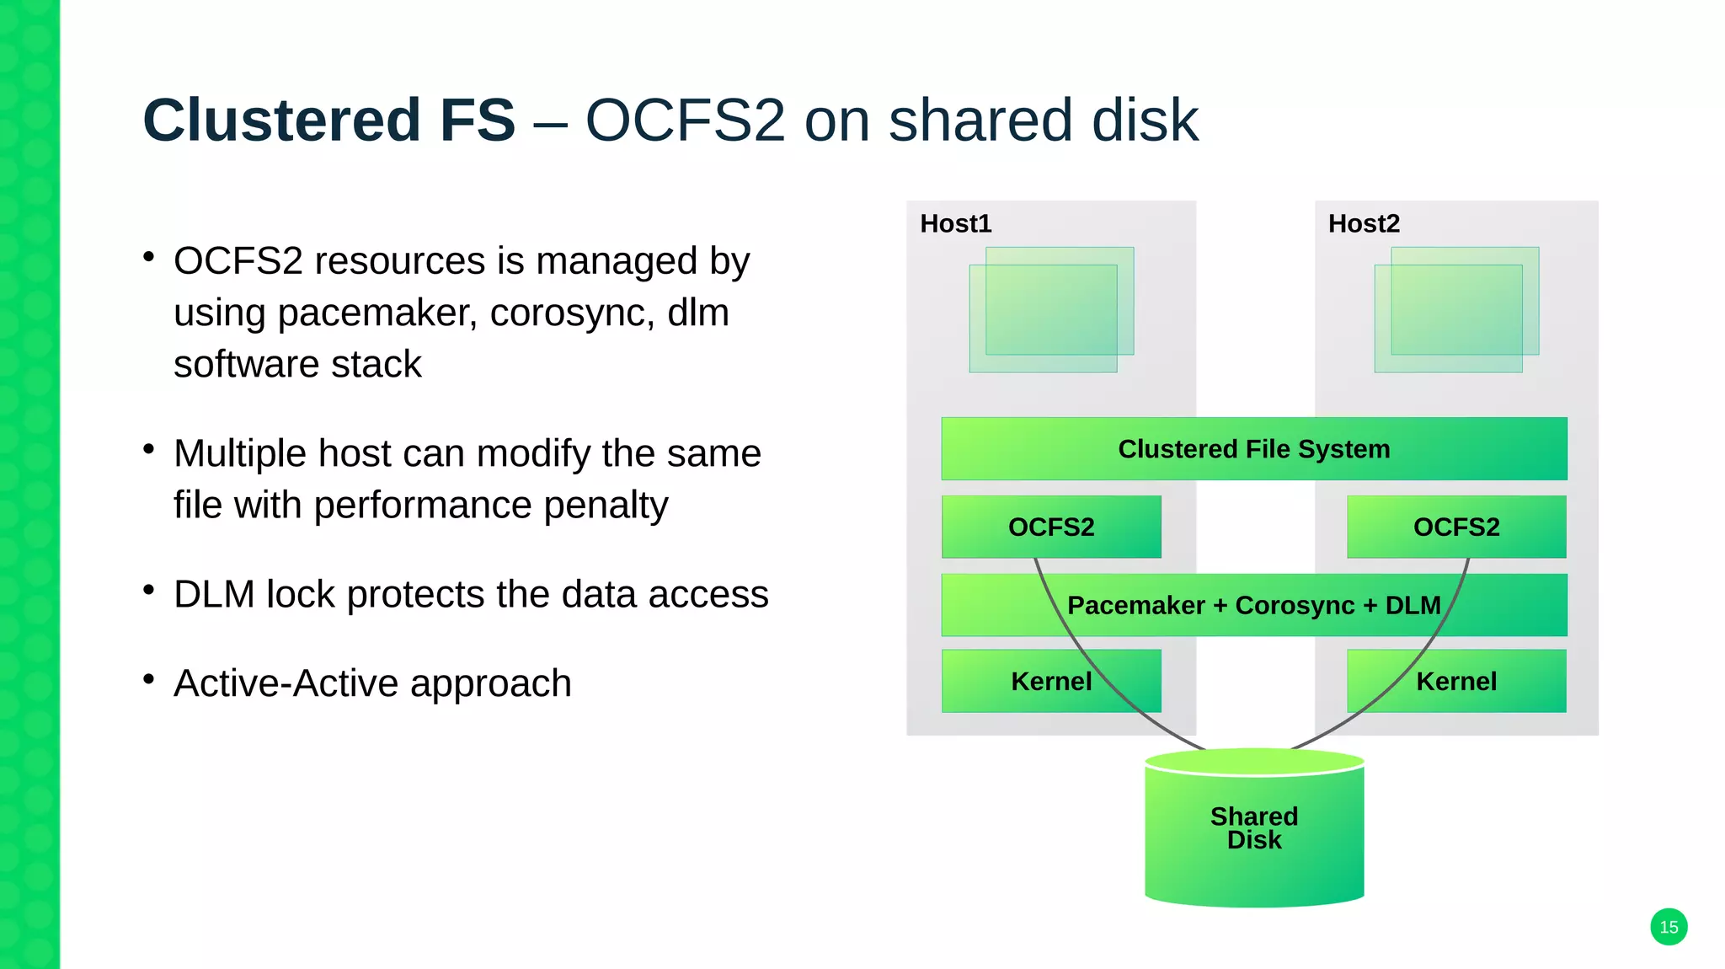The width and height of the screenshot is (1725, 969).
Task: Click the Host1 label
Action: [955, 224]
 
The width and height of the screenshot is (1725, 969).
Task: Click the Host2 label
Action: [1363, 224]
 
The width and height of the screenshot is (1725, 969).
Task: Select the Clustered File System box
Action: [1253, 449]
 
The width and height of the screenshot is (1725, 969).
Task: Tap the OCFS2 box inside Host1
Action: [1050, 527]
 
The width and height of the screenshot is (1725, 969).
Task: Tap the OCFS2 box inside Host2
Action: [1455, 527]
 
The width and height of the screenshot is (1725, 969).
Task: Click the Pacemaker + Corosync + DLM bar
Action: [1253, 606]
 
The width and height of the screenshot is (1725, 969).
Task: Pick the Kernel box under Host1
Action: [1050, 682]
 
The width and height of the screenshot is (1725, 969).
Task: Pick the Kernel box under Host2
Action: [1455, 682]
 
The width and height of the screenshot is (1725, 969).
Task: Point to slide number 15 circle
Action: [1668, 928]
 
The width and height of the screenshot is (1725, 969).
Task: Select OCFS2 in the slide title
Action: [685, 120]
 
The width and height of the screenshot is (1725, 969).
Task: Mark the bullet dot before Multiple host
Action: [149, 449]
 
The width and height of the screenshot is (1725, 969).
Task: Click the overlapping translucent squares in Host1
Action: [1050, 310]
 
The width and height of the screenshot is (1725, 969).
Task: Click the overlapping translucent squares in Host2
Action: [1455, 310]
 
